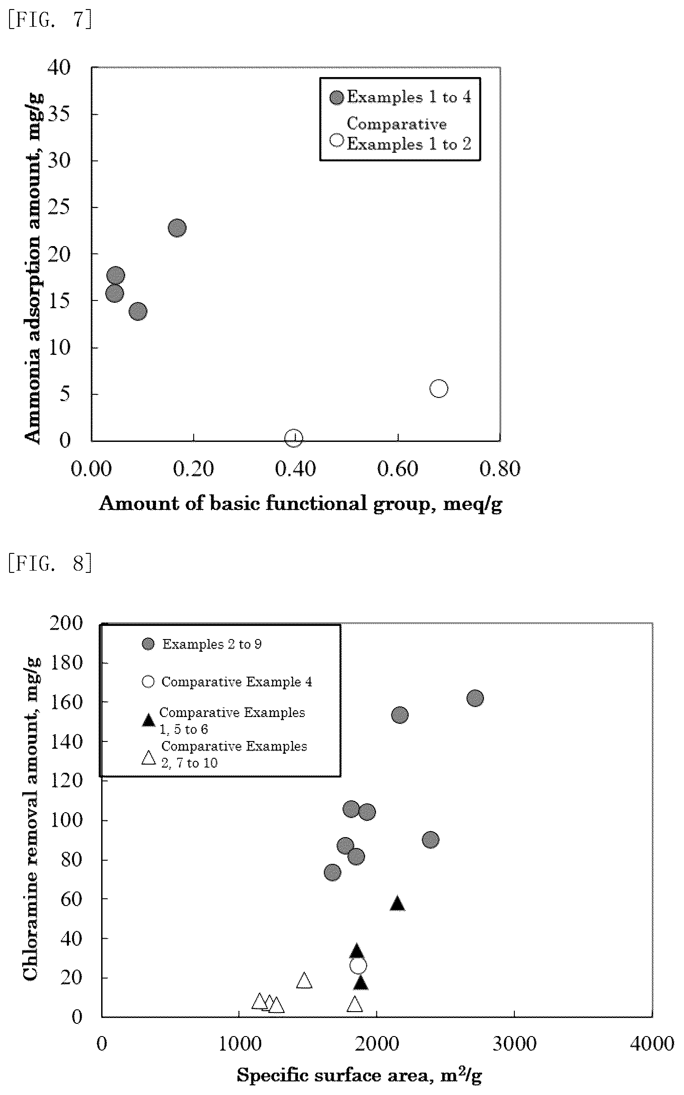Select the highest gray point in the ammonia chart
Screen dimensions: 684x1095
[177, 228]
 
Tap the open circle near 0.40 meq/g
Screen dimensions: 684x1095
[294, 438]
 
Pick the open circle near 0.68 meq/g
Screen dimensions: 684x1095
[439, 388]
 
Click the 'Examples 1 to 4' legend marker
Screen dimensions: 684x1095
[337, 97]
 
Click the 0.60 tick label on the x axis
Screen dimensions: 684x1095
[397, 468]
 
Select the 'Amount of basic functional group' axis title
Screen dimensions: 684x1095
[300, 504]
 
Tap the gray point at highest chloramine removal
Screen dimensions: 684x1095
[475, 698]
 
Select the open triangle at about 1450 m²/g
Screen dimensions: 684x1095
[304, 980]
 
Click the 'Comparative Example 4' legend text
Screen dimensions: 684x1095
[237, 682]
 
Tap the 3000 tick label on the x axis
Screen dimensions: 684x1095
[514, 1044]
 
